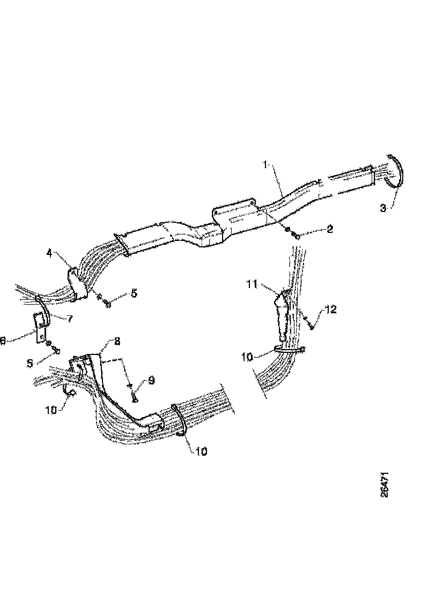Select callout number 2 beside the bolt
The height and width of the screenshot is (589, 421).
coord(329,229)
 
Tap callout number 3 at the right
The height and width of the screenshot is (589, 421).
coord(383,208)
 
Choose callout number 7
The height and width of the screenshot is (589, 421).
coord(69,319)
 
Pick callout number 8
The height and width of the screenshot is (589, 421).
coord(117,341)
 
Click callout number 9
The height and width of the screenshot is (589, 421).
coord(151,380)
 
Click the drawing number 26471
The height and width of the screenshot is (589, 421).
coord(385,485)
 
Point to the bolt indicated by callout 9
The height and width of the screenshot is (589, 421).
coord(134,397)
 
